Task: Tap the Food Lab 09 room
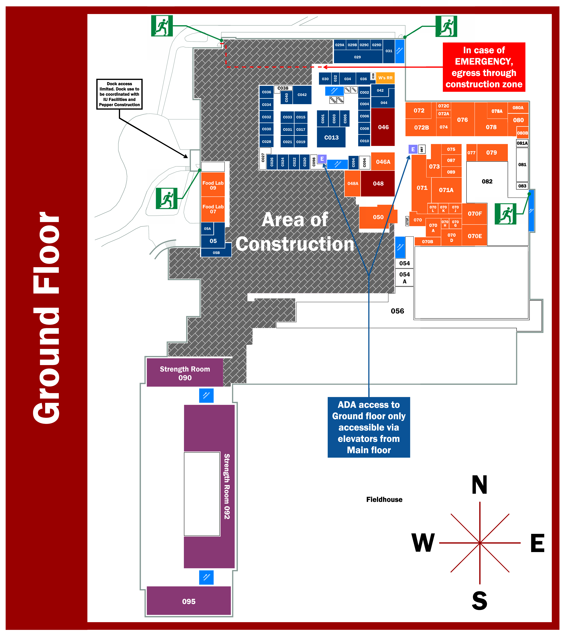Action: [x=213, y=185]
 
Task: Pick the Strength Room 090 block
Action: [x=185, y=373]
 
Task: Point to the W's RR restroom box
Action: [x=385, y=78]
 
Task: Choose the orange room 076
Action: [x=463, y=120]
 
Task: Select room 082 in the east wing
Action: [x=487, y=181]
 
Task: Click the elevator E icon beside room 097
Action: [x=413, y=149]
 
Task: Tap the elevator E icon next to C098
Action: [x=322, y=159]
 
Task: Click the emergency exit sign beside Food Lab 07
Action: [x=167, y=198]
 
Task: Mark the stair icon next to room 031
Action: [x=400, y=51]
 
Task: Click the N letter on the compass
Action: [x=479, y=485]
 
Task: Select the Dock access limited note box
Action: [x=119, y=94]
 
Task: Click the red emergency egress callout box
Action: [x=484, y=67]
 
